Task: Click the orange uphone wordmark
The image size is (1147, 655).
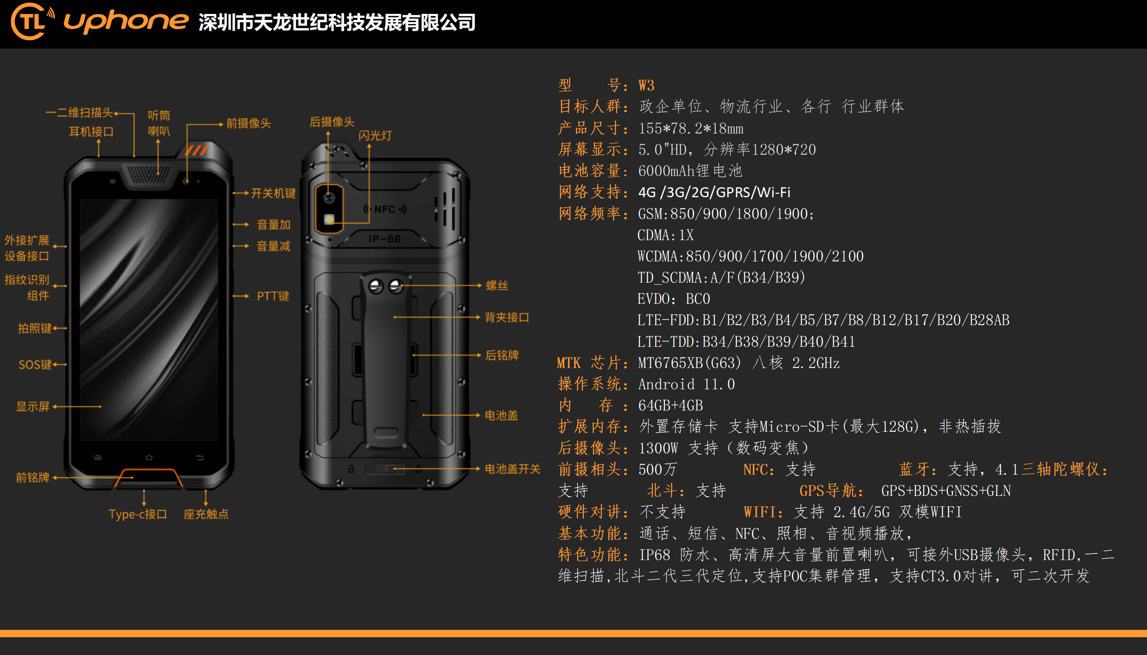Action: click(126, 21)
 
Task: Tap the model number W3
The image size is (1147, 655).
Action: click(646, 85)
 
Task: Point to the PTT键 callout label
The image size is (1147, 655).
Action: click(273, 296)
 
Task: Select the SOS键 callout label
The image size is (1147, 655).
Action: click(35, 365)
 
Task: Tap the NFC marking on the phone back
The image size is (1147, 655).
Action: click(385, 209)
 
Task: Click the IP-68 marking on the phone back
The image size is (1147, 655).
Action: click(384, 239)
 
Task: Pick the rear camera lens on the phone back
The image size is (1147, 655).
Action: click(330, 198)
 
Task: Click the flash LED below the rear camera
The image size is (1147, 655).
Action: click(330, 219)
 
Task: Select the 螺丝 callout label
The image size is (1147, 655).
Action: click(497, 286)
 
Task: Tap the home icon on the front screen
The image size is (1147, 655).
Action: click(149, 457)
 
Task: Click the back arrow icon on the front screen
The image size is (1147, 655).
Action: click(200, 457)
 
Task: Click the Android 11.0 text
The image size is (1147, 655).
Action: click(686, 384)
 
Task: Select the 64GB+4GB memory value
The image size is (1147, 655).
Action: click(670, 405)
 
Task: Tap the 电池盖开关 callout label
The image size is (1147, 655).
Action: click(512, 469)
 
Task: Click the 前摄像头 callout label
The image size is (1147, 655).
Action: click(248, 123)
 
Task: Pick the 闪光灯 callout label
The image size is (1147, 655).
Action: click(375, 135)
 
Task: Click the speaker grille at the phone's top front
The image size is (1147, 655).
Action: click(149, 173)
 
